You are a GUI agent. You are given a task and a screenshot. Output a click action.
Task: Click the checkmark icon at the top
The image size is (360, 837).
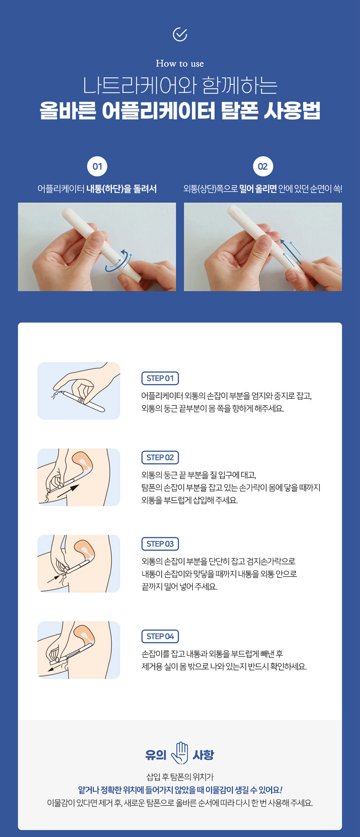click(180, 34)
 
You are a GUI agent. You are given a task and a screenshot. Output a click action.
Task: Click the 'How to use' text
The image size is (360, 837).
click(180, 64)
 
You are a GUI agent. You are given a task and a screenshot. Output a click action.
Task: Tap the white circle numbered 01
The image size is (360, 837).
click(97, 167)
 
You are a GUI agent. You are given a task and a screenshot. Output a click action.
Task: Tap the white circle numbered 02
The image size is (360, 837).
click(263, 167)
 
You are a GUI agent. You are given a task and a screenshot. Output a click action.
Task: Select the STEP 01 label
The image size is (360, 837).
click(160, 378)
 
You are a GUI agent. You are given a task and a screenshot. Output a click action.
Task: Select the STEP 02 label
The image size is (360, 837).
click(160, 457)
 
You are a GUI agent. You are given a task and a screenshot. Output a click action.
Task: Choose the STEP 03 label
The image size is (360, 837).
click(160, 544)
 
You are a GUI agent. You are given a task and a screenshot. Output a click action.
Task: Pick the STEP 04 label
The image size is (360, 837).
click(160, 636)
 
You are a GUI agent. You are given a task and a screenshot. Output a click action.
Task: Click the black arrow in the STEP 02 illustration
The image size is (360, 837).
click(68, 491)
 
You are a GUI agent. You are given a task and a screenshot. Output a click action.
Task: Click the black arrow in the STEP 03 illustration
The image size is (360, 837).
click(54, 579)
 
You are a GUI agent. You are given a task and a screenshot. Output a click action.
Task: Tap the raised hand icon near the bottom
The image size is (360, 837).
click(180, 753)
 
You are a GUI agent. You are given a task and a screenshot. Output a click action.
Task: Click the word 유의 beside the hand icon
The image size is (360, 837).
click(156, 755)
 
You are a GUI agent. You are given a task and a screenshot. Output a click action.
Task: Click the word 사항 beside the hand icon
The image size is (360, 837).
click(203, 755)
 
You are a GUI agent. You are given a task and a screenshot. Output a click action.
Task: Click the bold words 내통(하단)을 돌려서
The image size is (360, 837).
click(121, 189)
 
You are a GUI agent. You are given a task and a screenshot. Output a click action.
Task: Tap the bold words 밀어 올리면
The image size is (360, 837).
click(258, 189)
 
